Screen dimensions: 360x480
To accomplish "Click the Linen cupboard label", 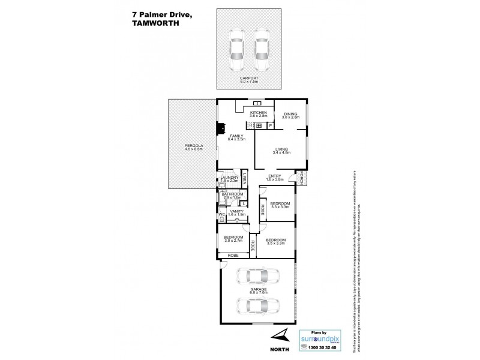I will point(246,178).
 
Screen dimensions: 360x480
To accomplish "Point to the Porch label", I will point(302,177).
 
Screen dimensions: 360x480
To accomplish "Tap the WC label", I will point(221,214).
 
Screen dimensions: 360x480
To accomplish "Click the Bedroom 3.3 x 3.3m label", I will point(280,205).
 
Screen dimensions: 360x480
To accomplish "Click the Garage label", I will point(258,290).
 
